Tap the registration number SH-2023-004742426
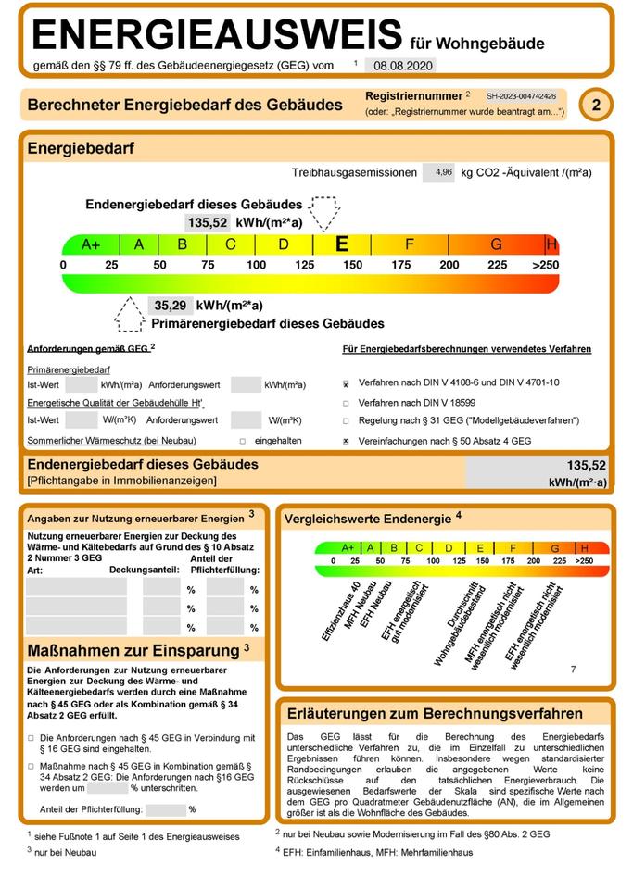[521, 95]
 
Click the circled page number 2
[596, 106]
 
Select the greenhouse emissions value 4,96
[443, 172]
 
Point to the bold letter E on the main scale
[342, 244]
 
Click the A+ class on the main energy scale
[91, 244]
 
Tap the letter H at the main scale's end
[551, 244]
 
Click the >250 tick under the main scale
[546, 266]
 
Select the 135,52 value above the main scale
[208, 223]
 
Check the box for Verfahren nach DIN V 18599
[346, 403]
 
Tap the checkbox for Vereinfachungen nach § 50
[346, 442]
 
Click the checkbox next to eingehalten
[243, 442]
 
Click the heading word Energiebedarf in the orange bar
[82, 148]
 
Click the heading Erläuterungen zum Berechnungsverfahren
[435, 713]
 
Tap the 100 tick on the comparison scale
[433, 561]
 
